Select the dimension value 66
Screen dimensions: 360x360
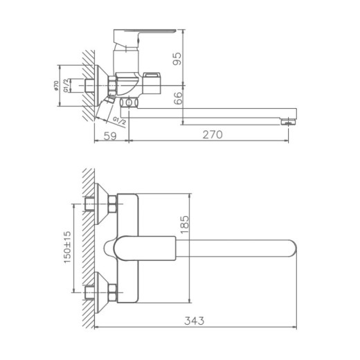pyautogui.click(x=179, y=99)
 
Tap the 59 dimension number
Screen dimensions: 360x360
pyautogui.click(x=110, y=135)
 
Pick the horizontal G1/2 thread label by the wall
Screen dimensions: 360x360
pyautogui.click(x=67, y=87)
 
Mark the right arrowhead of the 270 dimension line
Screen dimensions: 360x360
pyautogui.click(x=296, y=143)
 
